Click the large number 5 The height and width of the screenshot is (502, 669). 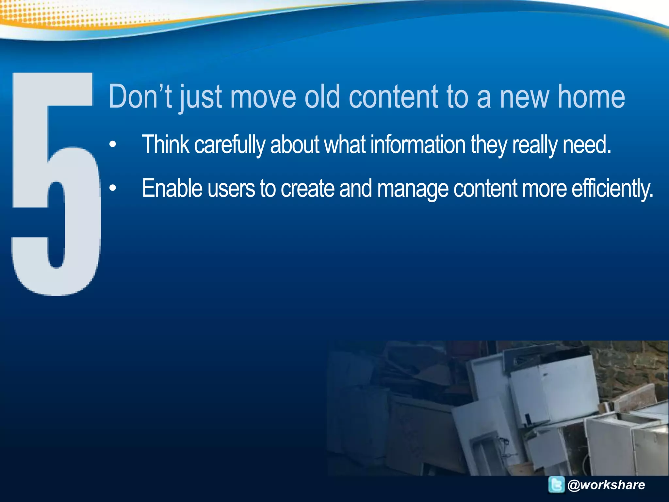coord(56,183)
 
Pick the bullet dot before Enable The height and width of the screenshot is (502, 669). coord(113,188)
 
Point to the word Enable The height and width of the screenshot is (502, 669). coord(172,188)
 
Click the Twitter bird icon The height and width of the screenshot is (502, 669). coord(556,485)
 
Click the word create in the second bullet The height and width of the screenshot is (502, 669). coord(307,189)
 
